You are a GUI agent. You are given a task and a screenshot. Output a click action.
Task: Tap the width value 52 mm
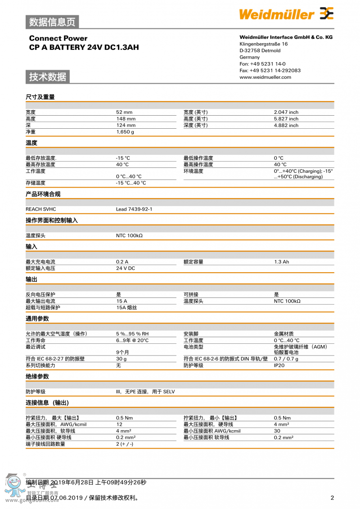tap(124, 112)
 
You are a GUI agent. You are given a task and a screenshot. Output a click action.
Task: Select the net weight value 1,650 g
tap(125, 132)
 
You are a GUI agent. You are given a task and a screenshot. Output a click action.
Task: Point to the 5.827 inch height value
tap(286, 119)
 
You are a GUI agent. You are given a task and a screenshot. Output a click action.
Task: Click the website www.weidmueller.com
tap(265, 77)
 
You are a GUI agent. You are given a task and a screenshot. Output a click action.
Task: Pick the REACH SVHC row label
tap(40, 209)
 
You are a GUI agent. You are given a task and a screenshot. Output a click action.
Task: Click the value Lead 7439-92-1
tap(134, 209)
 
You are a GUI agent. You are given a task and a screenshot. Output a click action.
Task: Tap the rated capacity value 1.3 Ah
tap(281, 262)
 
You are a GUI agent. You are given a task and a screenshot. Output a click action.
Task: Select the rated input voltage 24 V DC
tap(125, 268)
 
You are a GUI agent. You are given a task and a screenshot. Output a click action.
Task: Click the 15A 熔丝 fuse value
tap(126, 308)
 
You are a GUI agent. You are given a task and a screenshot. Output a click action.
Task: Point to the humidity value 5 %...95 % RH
tap(132, 334)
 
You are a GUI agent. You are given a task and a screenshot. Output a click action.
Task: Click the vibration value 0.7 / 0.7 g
tap(286, 359)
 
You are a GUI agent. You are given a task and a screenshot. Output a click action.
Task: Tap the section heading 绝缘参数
tap(37, 376)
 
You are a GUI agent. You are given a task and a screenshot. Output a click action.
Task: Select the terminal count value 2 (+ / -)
tap(124, 444)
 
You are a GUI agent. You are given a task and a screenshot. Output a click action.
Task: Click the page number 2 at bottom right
tap(332, 498)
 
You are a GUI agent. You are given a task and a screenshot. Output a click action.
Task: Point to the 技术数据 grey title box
tap(48, 77)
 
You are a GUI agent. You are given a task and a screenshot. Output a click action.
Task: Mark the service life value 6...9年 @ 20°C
tap(132, 341)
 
